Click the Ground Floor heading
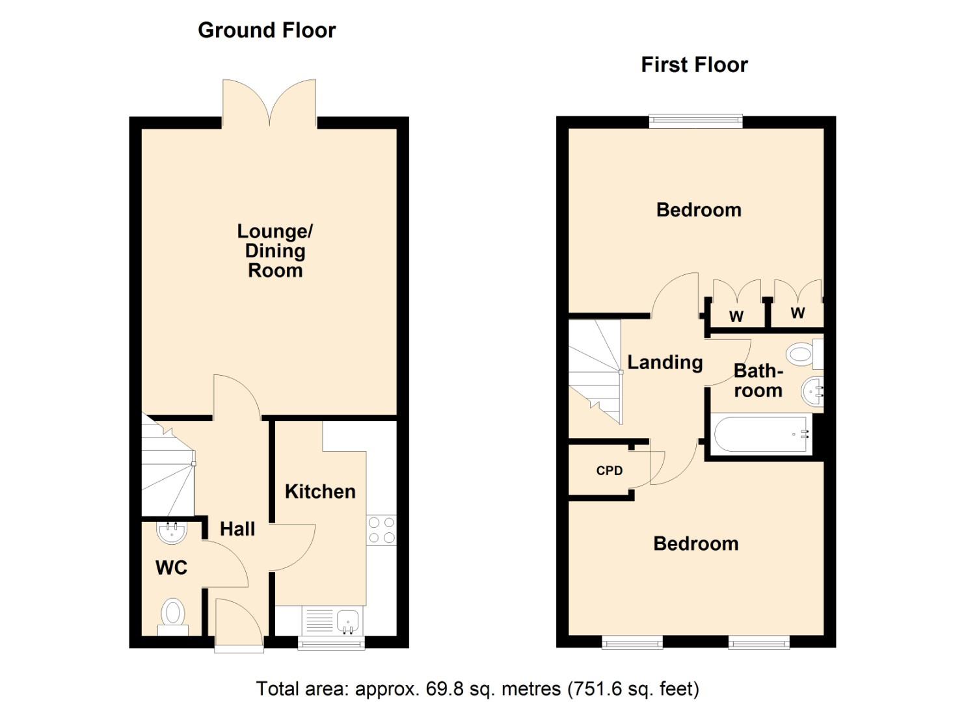(x=267, y=31)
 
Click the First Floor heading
(x=694, y=65)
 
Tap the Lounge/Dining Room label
(x=275, y=251)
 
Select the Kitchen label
(x=320, y=491)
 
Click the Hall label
(x=237, y=529)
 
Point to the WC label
(x=171, y=568)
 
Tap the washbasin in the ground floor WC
(x=172, y=532)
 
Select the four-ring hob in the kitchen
(x=381, y=530)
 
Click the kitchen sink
(x=348, y=620)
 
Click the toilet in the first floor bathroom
(x=804, y=354)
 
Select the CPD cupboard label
(x=610, y=471)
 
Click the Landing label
(x=665, y=363)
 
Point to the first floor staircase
(x=595, y=370)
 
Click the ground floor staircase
(x=167, y=468)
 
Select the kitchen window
(x=331, y=643)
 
